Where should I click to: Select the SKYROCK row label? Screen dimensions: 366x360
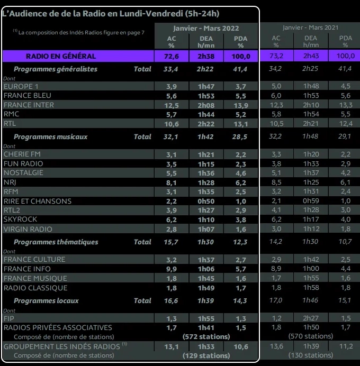[x=21, y=219]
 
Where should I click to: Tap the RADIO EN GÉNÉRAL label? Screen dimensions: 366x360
[x=61, y=56]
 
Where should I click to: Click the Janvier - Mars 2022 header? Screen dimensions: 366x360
[x=206, y=29]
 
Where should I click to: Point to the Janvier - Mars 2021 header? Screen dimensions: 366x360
[x=310, y=28]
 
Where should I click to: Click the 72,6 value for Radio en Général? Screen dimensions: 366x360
[x=170, y=56]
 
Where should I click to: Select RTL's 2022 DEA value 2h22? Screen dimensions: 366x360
[x=206, y=124]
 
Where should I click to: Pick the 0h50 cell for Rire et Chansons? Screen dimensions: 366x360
[x=206, y=201]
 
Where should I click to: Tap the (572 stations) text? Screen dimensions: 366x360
[x=206, y=337]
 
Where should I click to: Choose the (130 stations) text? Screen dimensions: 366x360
[x=311, y=355]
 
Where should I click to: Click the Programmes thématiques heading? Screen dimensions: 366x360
[x=56, y=242]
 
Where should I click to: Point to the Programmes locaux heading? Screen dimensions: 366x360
[x=46, y=300]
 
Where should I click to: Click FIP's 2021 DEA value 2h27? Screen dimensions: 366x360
[x=311, y=318]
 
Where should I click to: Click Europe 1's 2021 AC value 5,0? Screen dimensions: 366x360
[x=276, y=86]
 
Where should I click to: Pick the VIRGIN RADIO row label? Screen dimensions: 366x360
[x=28, y=229]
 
